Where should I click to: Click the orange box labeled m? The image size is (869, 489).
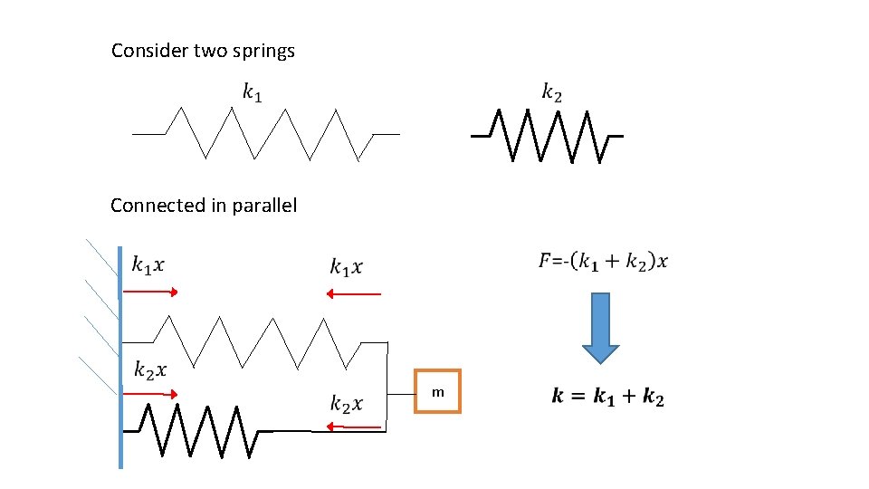point(437,391)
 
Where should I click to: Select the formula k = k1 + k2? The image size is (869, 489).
point(607,397)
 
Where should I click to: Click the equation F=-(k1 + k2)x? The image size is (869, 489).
point(604,262)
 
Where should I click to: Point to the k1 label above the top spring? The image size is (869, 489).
point(252,91)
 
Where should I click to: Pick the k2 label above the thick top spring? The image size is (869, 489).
point(552,91)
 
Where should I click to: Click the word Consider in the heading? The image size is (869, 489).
point(150,51)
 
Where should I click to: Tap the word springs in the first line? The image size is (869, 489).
point(264,52)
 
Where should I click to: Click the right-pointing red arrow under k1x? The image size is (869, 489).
point(149,292)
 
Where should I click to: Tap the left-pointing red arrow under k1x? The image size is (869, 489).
point(353,293)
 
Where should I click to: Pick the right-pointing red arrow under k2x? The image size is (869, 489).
point(149,394)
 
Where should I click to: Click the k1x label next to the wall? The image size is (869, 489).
point(148,264)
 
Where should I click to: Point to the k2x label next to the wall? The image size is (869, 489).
point(150,369)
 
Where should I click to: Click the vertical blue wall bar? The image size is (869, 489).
point(120,362)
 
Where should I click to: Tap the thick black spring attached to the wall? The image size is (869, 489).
point(199,430)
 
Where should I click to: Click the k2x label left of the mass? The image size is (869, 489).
point(347,403)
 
